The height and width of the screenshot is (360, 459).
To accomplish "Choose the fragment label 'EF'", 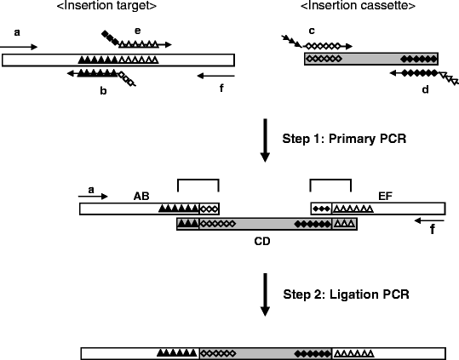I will [x=382, y=195].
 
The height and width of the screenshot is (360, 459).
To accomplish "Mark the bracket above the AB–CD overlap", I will [x=198, y=180].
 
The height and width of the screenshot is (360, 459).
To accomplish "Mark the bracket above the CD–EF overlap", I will [x=330, y=180].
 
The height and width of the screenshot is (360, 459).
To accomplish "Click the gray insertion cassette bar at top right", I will [x=371, y=59].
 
